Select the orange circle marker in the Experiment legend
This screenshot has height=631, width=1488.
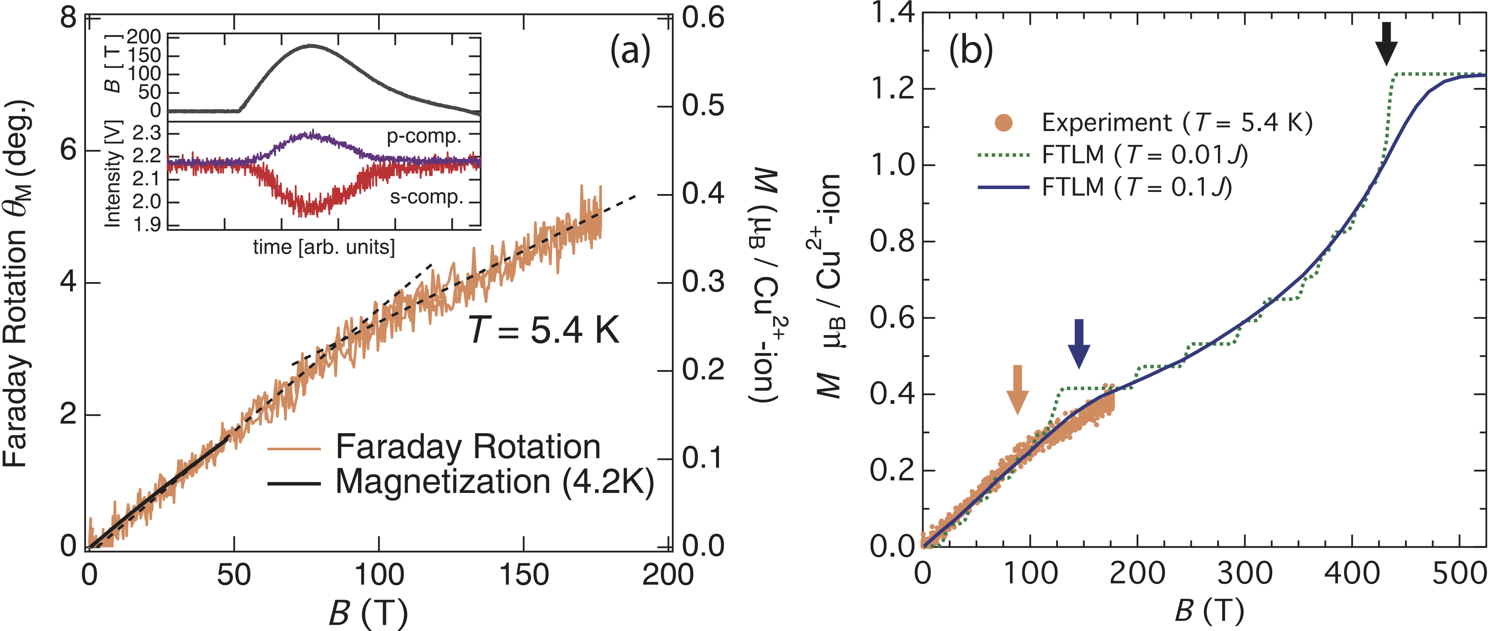coord(1004,123)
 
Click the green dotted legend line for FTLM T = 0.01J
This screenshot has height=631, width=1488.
coord(1004,155)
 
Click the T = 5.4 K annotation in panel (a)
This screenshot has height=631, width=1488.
coord(543,331)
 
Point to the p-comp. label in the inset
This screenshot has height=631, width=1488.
coord(424,136)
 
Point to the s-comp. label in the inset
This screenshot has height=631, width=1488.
coord(427,198)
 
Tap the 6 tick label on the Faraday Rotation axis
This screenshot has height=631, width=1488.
coord(68,150)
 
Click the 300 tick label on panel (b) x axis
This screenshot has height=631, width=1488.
coord(1245,574)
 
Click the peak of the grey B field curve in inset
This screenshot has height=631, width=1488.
coord(311,45)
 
